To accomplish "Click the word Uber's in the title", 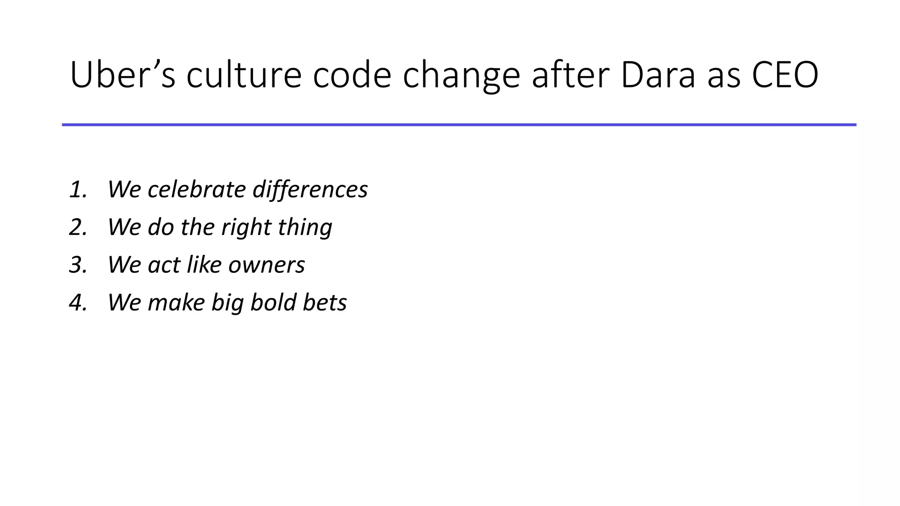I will tap(123, 75).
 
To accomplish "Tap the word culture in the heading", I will tap(244, 75).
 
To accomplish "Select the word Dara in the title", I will tap(658, 75).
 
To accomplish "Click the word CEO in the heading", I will tap(785, 75).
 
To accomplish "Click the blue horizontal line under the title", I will tap(459, 125).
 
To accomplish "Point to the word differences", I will tap(310, 190).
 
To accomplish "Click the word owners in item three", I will tap(266, 265).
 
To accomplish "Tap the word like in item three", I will tap(204, 265).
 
